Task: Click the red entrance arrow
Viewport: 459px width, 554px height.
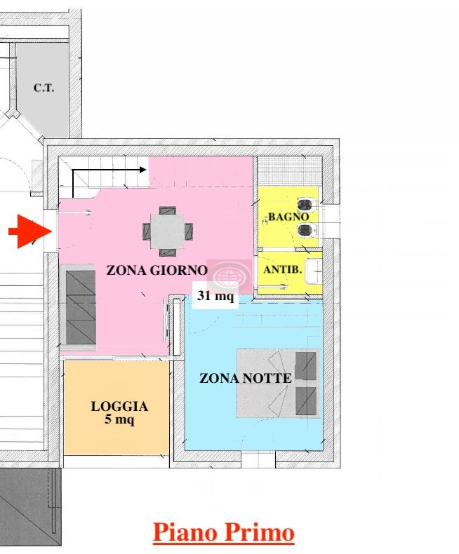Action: tap(31, 231)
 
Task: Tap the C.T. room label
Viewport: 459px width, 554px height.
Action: tap(44, 88)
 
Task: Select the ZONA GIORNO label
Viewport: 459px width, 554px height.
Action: tap(157, 270)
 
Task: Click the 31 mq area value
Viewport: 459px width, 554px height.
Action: tap(215, 295)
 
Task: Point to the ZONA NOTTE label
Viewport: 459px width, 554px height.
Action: tap(246, 379)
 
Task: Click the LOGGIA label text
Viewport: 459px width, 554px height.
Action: tap(119, 406)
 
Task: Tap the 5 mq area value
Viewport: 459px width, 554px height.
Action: tap(119, 420)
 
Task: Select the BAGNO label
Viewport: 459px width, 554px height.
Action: tap(288, 217)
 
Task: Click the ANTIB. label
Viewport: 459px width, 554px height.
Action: tap(283, 269)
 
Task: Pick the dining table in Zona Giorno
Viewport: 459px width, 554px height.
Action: tap(167, 231)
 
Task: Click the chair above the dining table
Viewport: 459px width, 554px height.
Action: tap(167, 210)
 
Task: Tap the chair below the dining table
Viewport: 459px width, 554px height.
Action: tap(167, 252)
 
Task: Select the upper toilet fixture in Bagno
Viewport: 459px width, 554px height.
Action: tap(306, 204)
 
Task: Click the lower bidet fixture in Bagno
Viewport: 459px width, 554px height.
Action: tap(307, 231)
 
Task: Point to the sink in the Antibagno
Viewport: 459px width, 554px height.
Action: tap(314, 271)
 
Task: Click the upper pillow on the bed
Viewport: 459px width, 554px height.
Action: tap(305, 365)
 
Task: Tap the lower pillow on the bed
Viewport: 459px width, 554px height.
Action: tap(305, 401)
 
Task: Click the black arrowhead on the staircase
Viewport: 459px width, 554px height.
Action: tap(143, 170)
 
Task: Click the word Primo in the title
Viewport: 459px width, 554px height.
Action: tap(259, 533)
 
